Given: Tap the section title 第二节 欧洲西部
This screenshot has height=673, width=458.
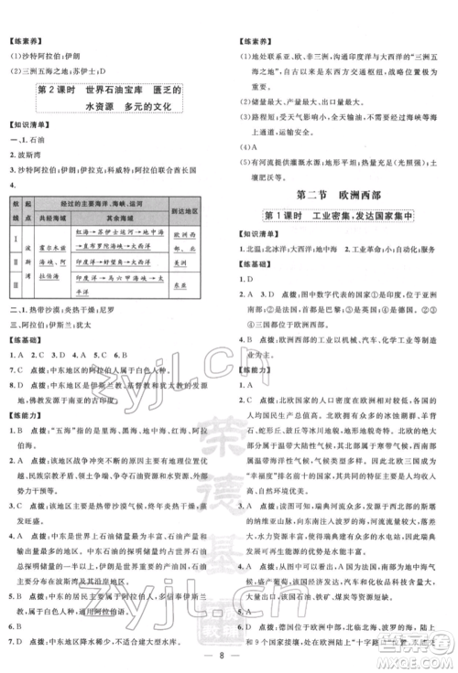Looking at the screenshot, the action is (x=336, y=194).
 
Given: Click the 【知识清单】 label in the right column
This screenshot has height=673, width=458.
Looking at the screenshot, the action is (x=257, y=233).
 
